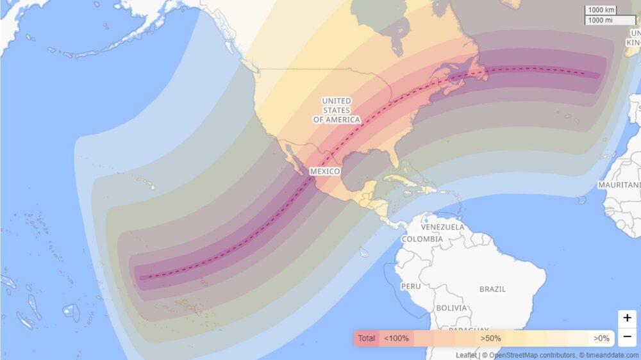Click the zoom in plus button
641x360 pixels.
coord(627,318)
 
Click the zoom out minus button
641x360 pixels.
coord(627,336)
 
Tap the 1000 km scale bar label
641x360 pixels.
coord(601,10)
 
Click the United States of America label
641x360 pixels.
coord(337,110)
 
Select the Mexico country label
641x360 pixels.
coord(324,172)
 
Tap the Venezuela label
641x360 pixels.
coord(442,227)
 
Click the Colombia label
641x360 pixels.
coord(422,239)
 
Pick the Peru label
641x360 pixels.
coord(411,286)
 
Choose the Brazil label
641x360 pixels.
coord(492,289)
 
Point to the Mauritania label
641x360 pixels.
coord(619,184)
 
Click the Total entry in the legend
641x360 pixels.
coord(367,338)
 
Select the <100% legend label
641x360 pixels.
coord(396,338)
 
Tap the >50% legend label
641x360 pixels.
coord(490,338)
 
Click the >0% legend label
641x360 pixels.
coord(601,338)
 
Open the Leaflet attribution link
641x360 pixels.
coord(466,355)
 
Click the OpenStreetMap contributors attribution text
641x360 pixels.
coord(528,355)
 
